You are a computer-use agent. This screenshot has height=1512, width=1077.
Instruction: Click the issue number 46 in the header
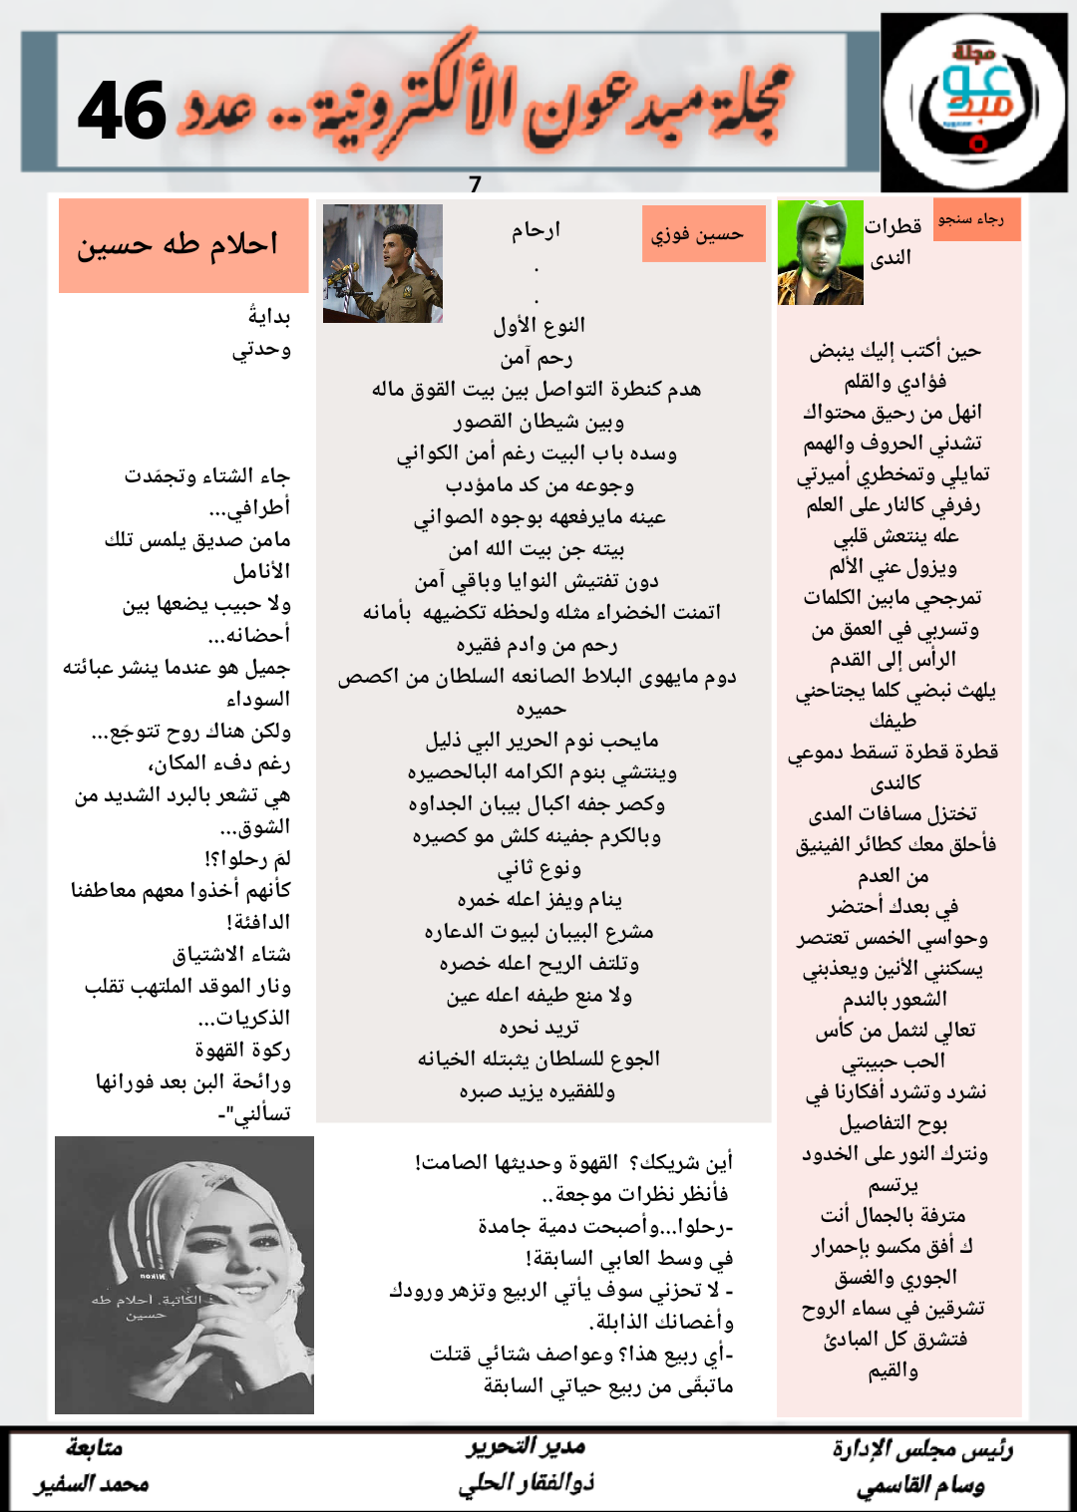pos(122,111)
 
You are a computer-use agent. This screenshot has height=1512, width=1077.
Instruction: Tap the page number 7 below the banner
pos(475,184)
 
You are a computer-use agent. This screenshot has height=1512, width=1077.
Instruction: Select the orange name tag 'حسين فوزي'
pos(703,234)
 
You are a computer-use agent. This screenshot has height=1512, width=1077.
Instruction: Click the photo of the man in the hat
pos(820,253)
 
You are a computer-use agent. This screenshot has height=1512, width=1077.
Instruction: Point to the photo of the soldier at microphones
pos(382,263)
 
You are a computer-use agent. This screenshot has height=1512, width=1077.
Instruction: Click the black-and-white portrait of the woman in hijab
pos(184,1275)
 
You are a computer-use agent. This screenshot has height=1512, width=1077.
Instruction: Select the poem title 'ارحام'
pos(537,230)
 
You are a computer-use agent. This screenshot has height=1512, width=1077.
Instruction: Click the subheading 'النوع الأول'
pos(539,325)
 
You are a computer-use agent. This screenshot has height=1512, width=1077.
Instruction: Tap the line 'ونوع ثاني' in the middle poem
pos(539,868)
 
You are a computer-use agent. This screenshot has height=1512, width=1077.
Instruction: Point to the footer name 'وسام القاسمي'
pos(920,1486)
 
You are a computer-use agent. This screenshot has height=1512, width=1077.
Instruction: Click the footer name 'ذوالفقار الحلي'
pos(526,1483)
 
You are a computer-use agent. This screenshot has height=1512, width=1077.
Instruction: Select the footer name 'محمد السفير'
pos(93,1484)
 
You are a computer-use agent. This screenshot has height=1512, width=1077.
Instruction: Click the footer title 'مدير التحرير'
pos(527,1446)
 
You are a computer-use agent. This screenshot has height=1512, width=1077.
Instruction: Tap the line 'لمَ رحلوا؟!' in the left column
pos(247,858)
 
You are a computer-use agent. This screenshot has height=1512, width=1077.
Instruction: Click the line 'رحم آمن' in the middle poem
pos(537,358)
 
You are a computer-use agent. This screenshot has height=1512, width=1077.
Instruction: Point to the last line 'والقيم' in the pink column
pos(893,1370)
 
